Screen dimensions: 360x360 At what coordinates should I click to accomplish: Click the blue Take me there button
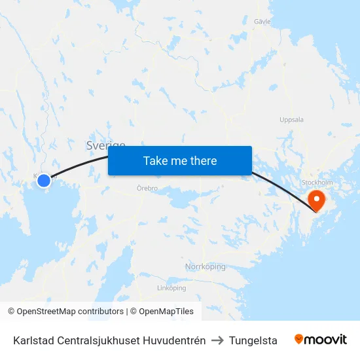click(180, 160)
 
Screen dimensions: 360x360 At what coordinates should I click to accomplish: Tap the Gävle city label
click(262, 22)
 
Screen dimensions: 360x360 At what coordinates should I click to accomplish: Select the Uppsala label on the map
click(291, 120)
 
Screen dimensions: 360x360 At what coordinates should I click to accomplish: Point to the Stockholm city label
click(317, 183)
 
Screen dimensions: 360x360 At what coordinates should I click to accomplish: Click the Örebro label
click(147, 189)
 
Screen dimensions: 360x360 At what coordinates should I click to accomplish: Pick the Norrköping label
click(205, 266)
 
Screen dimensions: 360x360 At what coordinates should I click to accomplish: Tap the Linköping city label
click(171, 288)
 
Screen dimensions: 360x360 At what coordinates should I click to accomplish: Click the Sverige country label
click(105, 145)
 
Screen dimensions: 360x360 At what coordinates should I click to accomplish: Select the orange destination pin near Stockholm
click(316, 199)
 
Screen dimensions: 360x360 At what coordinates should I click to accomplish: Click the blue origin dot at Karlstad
click(44, 181)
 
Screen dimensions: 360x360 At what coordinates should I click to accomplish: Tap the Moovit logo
click(320, 340)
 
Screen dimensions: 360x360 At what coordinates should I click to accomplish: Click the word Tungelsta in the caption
click(253, 340)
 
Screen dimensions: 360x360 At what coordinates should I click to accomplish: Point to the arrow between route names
click(217, 340)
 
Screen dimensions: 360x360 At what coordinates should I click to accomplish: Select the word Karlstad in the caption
click(33, 340)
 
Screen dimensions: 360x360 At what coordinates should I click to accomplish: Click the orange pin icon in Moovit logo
click(299, 339)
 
